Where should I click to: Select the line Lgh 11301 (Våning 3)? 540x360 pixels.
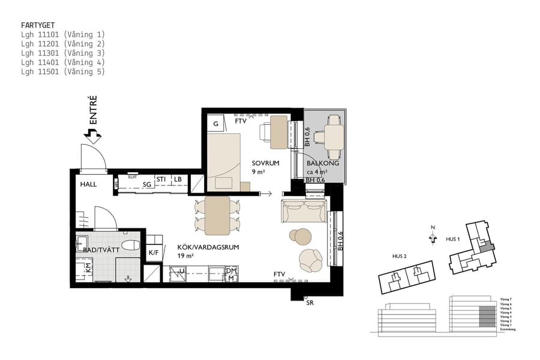[62, 53]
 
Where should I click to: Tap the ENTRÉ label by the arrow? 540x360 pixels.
[92, 110]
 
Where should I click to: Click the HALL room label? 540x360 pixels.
[88, 184]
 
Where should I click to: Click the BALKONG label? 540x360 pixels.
[323, 163]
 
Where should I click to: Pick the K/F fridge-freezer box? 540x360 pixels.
[154, 253]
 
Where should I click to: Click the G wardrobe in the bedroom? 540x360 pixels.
[215, 124]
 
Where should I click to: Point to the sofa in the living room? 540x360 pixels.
[304, 211]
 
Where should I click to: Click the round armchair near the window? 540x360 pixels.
[311, 259]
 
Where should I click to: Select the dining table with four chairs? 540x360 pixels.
[217, 215]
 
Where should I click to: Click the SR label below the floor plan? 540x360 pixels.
[310, 303]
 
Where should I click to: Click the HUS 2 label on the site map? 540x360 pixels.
[400, 256]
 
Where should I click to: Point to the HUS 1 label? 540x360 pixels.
[452, 239]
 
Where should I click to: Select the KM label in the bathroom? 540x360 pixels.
[88, 268]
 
